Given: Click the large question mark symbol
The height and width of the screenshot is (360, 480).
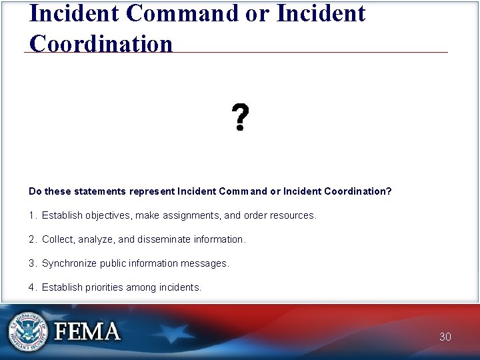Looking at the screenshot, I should (241, 117).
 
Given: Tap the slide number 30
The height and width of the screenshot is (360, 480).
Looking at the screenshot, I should (445, 337).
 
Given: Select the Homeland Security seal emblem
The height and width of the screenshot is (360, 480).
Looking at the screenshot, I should (28, 331).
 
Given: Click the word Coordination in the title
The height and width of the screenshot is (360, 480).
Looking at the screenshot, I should (101, 43).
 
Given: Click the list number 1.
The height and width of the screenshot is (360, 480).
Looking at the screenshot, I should (32, 215).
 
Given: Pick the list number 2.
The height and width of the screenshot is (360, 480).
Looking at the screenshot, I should (32, 239).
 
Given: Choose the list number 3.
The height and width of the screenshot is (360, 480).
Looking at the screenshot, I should (32, 263).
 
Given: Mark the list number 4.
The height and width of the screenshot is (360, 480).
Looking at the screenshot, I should (32, 287).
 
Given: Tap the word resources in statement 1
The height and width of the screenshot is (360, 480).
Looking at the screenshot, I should (294, 215).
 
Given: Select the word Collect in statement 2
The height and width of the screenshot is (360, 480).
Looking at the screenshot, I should (58, 239).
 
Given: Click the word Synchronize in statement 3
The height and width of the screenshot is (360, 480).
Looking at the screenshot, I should (69, 263).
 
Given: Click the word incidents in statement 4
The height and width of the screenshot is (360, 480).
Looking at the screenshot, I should (179, 287).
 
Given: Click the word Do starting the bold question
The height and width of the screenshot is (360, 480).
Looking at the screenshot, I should (35, 191).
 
